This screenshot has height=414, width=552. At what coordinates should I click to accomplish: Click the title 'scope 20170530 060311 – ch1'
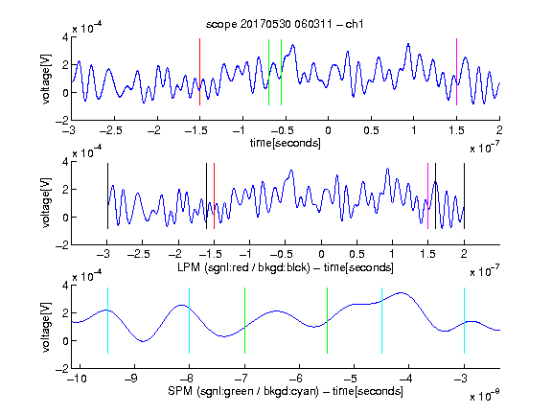point(285,24)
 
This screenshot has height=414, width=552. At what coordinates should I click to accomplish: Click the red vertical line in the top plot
point(199,72)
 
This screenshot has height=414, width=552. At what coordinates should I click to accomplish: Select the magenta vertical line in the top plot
point(456,72)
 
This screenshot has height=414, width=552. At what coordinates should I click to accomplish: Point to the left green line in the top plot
point(268,72)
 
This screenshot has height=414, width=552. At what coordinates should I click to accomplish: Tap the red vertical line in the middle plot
point(214,196)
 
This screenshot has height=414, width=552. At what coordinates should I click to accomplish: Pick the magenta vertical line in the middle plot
point(427,196)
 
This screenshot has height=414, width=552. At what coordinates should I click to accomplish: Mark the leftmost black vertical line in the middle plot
point(107,196)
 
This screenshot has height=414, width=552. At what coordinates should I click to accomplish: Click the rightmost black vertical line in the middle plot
point(464,196)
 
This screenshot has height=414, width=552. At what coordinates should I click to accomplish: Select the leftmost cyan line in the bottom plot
point(107,320)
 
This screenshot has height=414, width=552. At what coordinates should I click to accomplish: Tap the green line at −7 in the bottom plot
point(244,320)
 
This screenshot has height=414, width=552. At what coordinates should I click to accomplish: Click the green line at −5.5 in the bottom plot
point(327,320)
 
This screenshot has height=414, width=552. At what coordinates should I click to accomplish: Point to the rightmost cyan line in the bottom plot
point(464,320)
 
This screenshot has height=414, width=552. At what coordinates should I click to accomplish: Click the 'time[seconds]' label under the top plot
point(286,143)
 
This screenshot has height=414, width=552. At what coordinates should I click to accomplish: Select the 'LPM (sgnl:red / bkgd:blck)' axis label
point(243,267)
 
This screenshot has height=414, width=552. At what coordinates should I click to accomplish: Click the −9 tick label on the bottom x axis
point(131,379)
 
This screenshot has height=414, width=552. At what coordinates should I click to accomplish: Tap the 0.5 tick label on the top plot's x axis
point(371,130)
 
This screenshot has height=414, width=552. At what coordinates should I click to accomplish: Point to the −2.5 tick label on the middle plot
point(139,254)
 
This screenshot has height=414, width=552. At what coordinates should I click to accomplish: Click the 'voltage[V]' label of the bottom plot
point(46,327)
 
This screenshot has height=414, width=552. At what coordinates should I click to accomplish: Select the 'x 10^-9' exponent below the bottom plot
point(484,395)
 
